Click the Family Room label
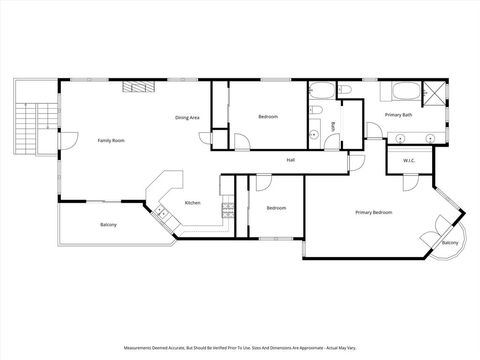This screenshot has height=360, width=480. tap(111, 141)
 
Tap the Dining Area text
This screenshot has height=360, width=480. tap(188, 118)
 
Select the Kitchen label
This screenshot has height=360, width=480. tap(193, 203)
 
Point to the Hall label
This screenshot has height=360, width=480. tap(290, 159)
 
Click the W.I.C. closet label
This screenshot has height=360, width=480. tap(409, 160)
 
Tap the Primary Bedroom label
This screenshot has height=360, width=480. tap(373, 212)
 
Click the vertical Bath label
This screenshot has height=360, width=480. tap(333, 127)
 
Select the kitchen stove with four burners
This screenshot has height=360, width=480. tap(227, 210)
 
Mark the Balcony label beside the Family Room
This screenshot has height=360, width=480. tap(108, 225)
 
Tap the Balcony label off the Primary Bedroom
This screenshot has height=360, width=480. tap(450, 243)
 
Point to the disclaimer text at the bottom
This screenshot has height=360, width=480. tap(240, 348)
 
